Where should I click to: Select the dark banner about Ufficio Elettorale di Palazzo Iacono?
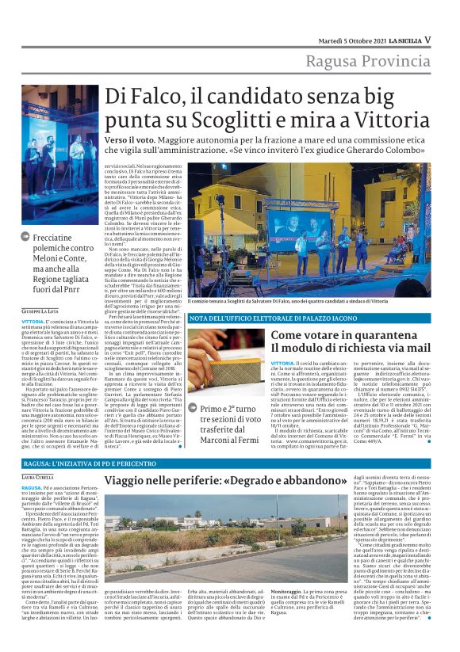click(250, 318)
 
